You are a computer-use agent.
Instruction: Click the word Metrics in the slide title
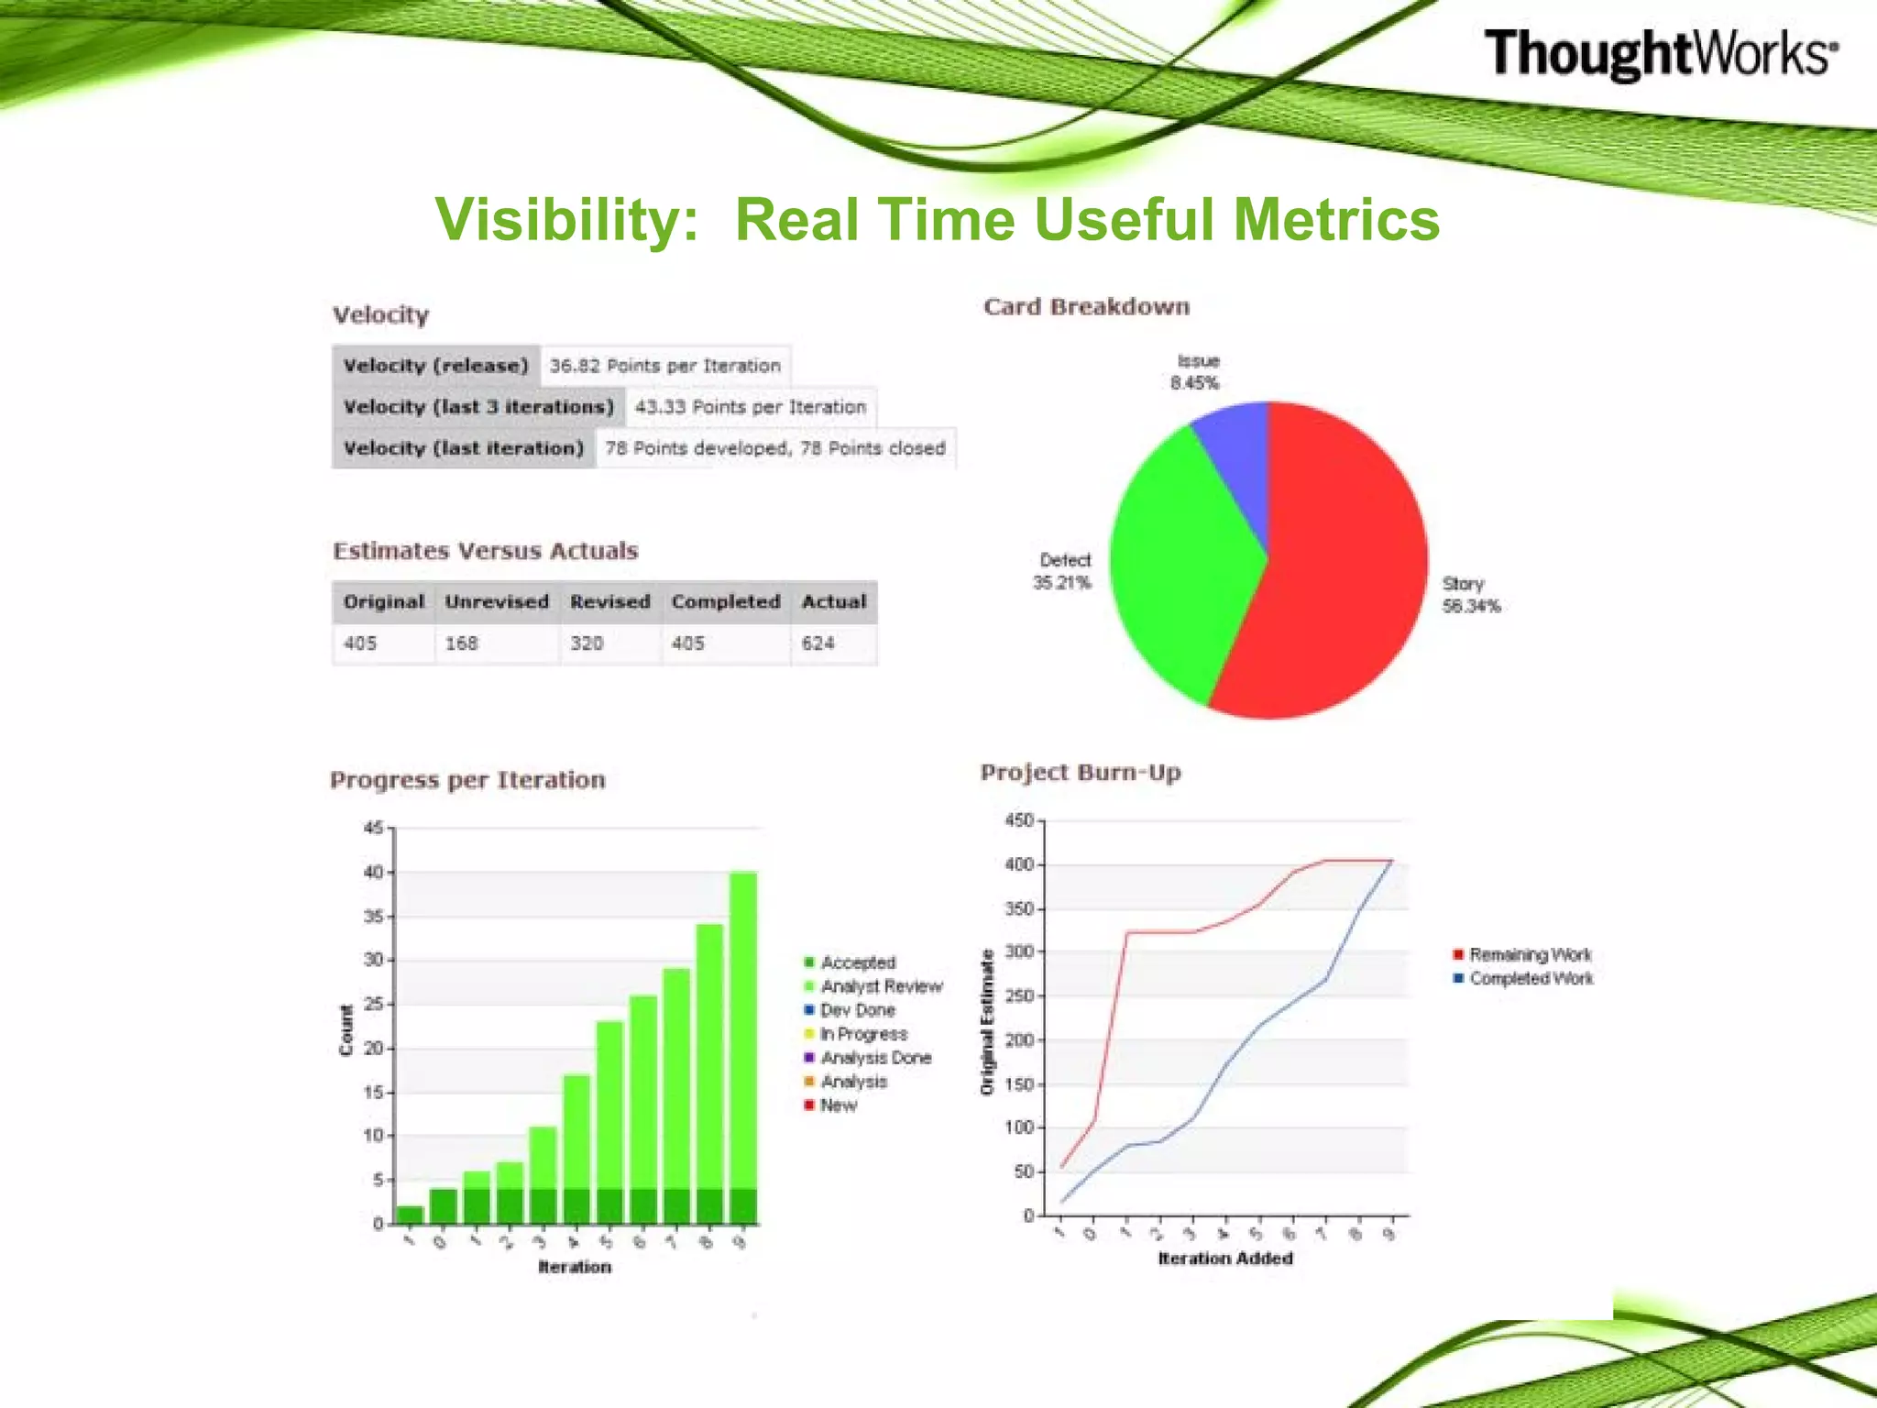1336,220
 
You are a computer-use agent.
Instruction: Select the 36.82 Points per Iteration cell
665,366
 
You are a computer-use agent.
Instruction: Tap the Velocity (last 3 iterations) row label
478,407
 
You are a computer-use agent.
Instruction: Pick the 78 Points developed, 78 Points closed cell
775,448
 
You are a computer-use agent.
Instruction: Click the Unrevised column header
497,602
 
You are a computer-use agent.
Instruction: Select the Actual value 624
818,643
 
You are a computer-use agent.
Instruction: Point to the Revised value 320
587,643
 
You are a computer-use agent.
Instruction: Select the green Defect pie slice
1182,559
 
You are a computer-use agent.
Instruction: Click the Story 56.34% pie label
1471,595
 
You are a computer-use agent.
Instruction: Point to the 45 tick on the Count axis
373,829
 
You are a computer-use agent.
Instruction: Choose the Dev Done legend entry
857,1010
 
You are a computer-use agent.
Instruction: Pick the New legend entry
838,1105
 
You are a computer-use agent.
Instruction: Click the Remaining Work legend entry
1530,955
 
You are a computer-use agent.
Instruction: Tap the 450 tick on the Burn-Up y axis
1019,820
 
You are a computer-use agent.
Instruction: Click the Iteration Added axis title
1225,1259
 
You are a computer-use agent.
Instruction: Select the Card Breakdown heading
1086,307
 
